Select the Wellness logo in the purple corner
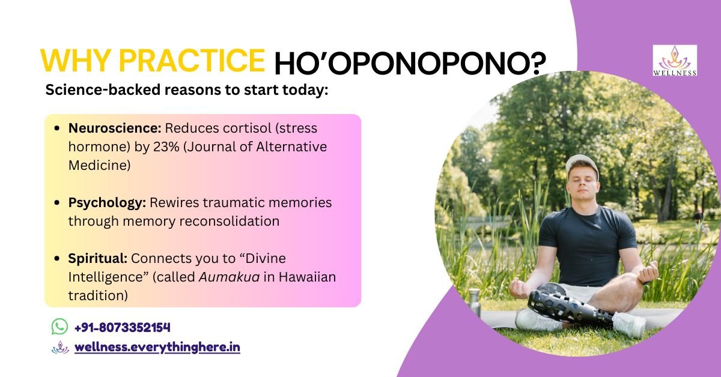point(675,61)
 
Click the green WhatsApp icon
point(59,327)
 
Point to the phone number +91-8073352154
point(123,327)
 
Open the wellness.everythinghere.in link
point(157,348)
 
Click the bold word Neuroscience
point(115,128)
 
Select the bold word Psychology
point(107,204)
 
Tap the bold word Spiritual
point(98,259)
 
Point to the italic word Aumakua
point(229,277)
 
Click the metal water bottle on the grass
point(475,303)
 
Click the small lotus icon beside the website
point(60,348)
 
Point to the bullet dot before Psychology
point(57,203)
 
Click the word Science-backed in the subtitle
point(103,89)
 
